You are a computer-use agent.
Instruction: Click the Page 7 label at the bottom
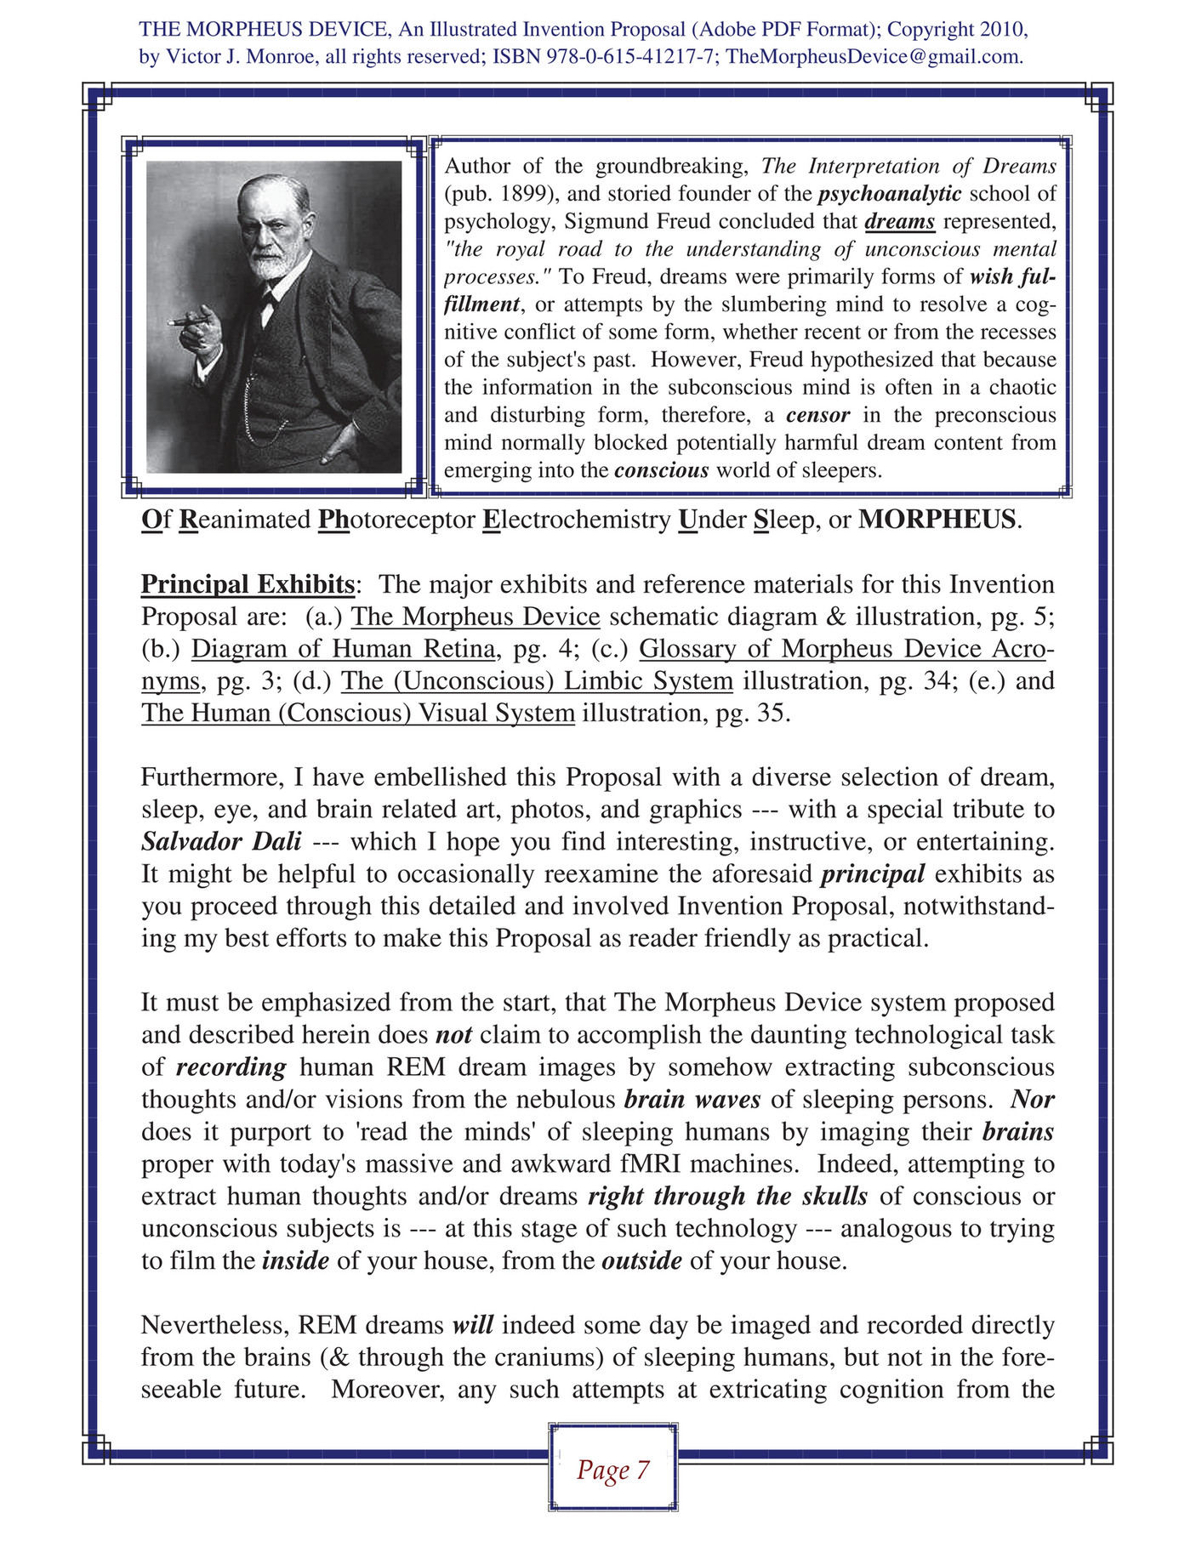pyautogui.click(x=612, y=1470)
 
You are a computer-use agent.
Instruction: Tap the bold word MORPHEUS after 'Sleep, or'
pyautogui.click(x=937, y=519)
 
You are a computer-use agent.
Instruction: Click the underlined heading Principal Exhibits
pyautogui.click(x=248, y=584)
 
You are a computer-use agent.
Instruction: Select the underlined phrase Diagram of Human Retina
pyautogui.click(x=344, y=649)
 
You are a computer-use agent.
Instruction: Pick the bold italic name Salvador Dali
pyautogui.click(x=221, y=841)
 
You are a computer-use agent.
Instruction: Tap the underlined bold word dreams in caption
pyautogui.click(x=900, y=222)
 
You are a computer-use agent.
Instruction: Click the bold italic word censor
pyautogui.click(x=817, y=415)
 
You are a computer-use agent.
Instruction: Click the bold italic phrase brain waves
pyautogui.click(x=692, y=1099)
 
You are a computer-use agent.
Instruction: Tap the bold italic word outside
pyautogui.click(x=641, y=1260)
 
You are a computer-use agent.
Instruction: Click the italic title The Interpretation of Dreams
pyautogui.click(x=908, y=166)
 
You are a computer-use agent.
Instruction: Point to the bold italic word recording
pyautogui.click(x=231, y=1066)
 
